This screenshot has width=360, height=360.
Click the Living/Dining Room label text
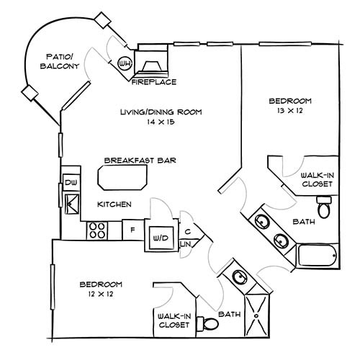coord(161,112)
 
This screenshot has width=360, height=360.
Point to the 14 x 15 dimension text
coord(161,123)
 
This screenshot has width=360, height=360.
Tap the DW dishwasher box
coord(71,183)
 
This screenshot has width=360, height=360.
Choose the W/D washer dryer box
coord(159,237)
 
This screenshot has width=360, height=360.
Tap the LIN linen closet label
coord(184,245)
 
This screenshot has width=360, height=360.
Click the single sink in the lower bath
coord(238,277)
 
